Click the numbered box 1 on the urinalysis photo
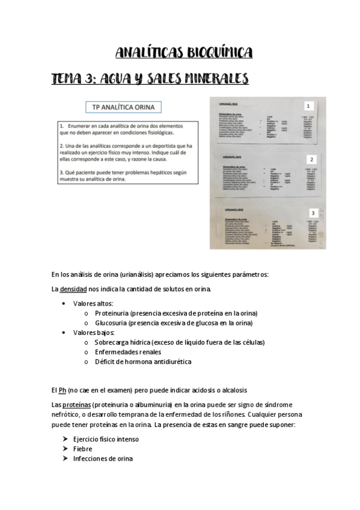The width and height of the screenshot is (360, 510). coord(308,103)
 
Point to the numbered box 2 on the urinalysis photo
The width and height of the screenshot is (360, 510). coord(311,159)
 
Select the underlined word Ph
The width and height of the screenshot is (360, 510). coord(63,391)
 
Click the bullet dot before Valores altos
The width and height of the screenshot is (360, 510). coord(64,304)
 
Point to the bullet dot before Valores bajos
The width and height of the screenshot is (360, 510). coord(64,333)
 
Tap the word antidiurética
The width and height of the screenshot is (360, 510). coord(169,361)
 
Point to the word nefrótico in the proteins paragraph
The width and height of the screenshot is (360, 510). coord(68,414)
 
